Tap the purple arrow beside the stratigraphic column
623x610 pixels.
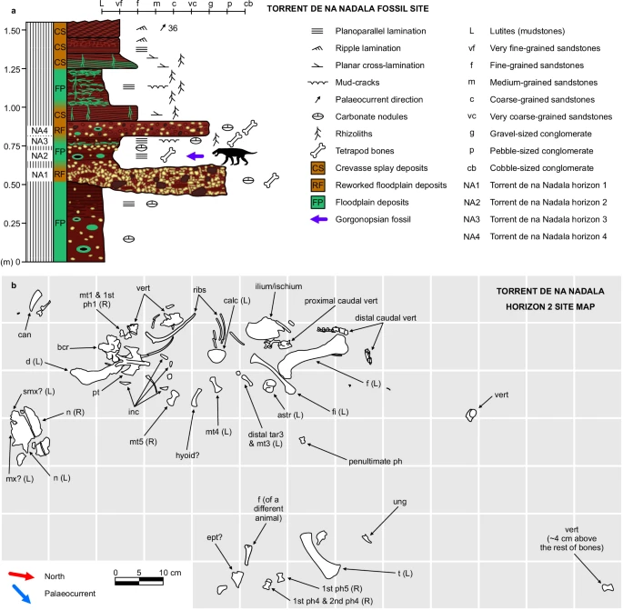195,156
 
